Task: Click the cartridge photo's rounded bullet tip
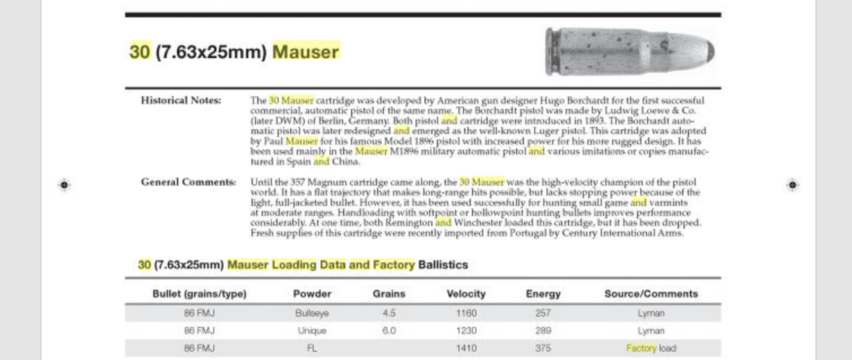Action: point(706,51)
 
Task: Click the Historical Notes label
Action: point(181,100)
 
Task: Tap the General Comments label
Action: point(188,182)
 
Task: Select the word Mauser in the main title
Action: point(305,52)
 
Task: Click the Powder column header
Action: point(312,294)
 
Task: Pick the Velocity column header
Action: point(466,294)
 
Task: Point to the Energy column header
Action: point(542,294)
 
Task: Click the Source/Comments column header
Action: point(651,294)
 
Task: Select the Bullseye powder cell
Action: point(312,312)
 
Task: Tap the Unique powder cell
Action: point(312,331)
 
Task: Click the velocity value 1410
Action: point(466,349)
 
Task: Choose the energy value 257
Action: point(542,312)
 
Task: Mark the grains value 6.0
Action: point(389,331)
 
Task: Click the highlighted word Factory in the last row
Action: point(641,349)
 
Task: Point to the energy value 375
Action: point(542,349)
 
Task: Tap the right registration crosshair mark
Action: point(792,184)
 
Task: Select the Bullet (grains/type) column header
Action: point(200,294)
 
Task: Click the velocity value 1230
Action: point(466,331)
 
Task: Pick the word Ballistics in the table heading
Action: point(442,265)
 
